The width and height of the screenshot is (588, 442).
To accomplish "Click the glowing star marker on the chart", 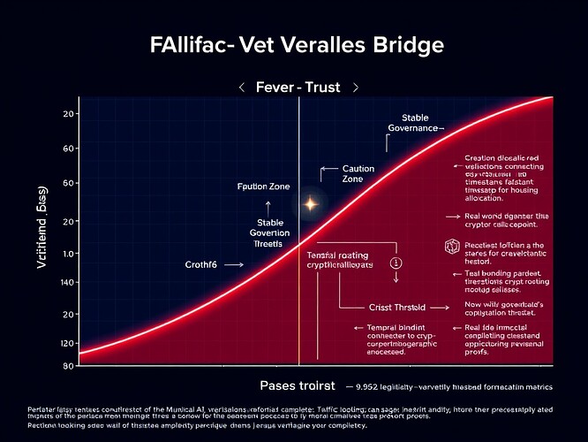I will pyautogui.click(x=311, y=203).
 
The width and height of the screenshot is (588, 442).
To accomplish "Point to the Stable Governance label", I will pyautogui.click(x=414, y=123).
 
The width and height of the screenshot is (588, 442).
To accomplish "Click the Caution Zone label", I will pyautogui.click(x=358, y=173).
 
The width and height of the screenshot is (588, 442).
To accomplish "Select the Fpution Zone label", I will pyautogui.click(x=265, y=187).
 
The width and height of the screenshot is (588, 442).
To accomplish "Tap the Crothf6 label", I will pyautogui.click(x=201, y=264).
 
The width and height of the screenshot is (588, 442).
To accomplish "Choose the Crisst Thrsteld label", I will pyautogui.click(x=396, y=308).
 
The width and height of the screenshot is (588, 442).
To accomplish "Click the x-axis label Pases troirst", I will pyautogui.click(x=297, y=386).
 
